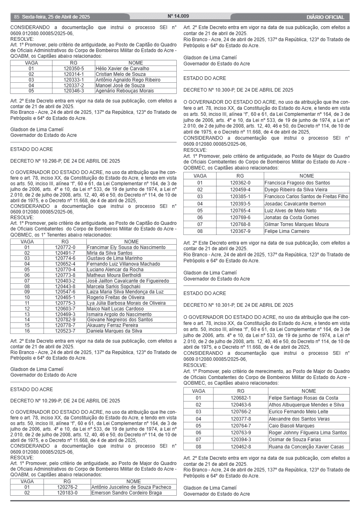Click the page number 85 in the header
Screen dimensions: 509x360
[x=17, y=17]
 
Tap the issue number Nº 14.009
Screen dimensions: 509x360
[x=178, y=17]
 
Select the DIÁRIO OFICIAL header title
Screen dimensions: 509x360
[x=325, y=17]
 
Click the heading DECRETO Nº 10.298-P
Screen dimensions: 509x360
[x=65, y=161]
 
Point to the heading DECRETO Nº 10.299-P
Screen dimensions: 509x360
[x=65, y=401]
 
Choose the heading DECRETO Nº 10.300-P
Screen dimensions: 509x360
[x=238, y=90]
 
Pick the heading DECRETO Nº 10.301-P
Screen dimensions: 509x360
[x=238, y=305]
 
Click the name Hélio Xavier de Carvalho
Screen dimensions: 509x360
[x=122, y=69]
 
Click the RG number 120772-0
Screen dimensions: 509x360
[x=65, y=247]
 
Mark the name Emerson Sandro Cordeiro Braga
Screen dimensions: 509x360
[x=127, y=493]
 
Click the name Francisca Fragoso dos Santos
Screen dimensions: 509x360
[x=297, y=183]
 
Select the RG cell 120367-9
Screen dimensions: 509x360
[x=240, y=231]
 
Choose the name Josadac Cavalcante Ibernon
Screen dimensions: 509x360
[x=295, y=204]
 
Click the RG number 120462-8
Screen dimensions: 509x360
[x=241, y=446]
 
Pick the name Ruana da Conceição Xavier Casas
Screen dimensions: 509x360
[x=306, y=446]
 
